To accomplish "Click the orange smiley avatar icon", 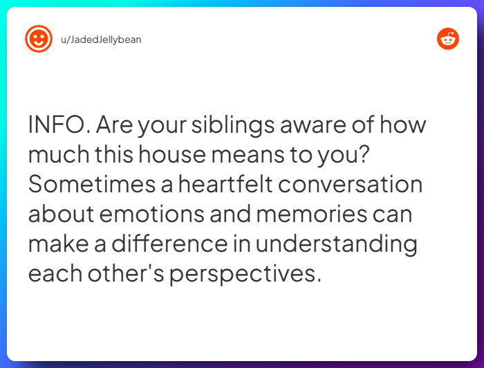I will click(x=39, y=39).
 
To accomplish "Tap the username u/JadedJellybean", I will click(x=101, y=39).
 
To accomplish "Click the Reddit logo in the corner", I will click(x=448, y=39).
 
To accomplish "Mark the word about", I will click(x=59, y=214).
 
